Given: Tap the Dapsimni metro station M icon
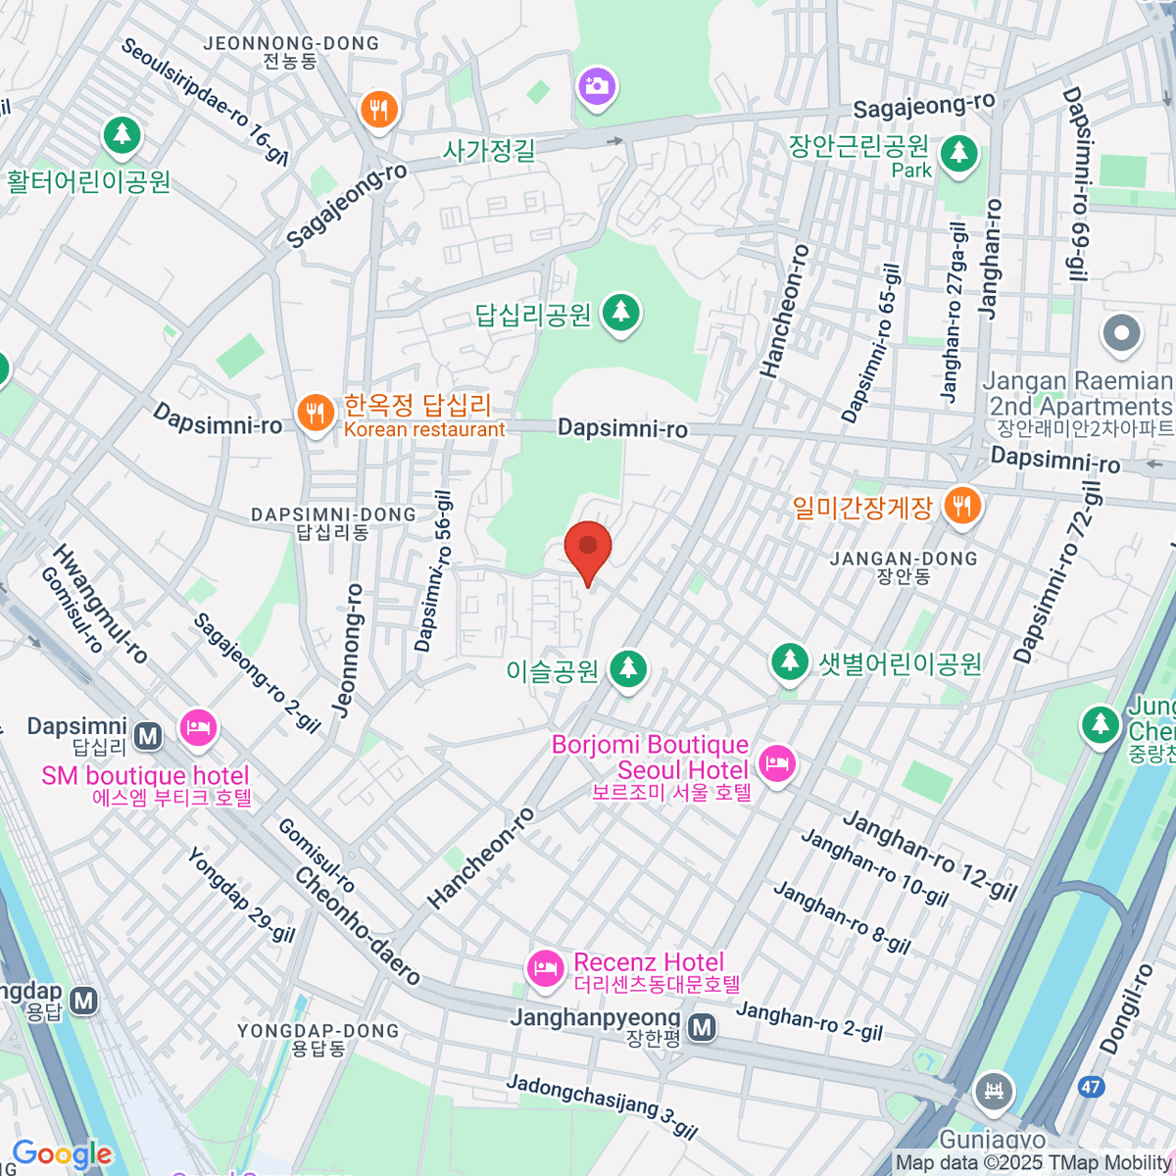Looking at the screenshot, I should point(148,734).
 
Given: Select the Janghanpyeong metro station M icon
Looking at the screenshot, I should point(701,1028).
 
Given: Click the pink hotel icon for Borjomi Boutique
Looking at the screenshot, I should point(777,763).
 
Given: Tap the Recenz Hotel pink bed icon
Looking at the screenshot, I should point(544,968).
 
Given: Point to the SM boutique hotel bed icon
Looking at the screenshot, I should point(198,728).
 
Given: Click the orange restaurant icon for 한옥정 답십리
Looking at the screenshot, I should point(315,414).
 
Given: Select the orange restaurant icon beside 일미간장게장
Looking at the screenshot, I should point(962,506).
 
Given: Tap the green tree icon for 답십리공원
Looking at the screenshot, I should point(619,313).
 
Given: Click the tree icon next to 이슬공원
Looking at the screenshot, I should point(628,669).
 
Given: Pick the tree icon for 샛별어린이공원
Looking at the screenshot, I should point(789,661).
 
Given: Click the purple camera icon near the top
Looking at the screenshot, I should point(596,87).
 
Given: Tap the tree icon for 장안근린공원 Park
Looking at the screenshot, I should point(958,154).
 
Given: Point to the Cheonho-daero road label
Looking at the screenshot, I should point(358,925).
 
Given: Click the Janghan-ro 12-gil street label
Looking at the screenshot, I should point(930,856).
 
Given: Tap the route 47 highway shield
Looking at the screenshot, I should point(1090,1087).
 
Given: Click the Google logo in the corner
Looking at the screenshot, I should point(62,1153).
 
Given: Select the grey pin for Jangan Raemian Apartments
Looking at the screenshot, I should point(1122,334).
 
